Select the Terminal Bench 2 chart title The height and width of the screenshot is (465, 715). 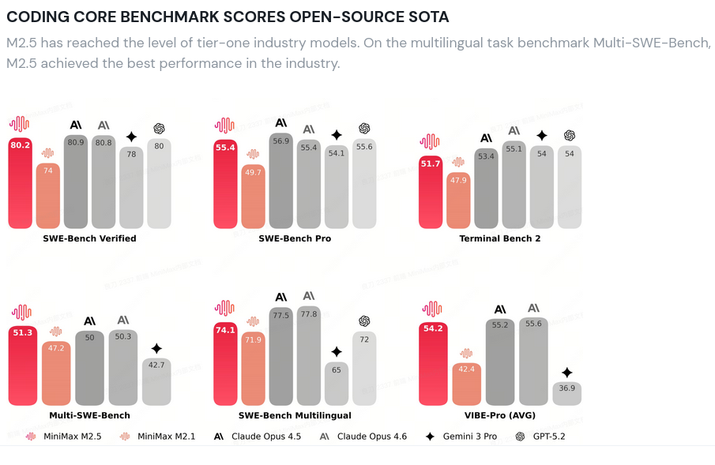(x=500, y=238)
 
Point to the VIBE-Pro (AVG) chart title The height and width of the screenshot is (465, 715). (x=500, y=415)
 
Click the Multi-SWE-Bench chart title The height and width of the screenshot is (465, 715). (x=89, y=415)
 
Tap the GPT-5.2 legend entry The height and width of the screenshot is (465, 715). (x=540, y=436)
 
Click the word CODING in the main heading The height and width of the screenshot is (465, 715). (x=37, y=17)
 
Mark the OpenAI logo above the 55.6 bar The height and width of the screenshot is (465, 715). (x=364, y=128)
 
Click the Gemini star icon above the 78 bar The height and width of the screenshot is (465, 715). (x=131, y=136)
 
